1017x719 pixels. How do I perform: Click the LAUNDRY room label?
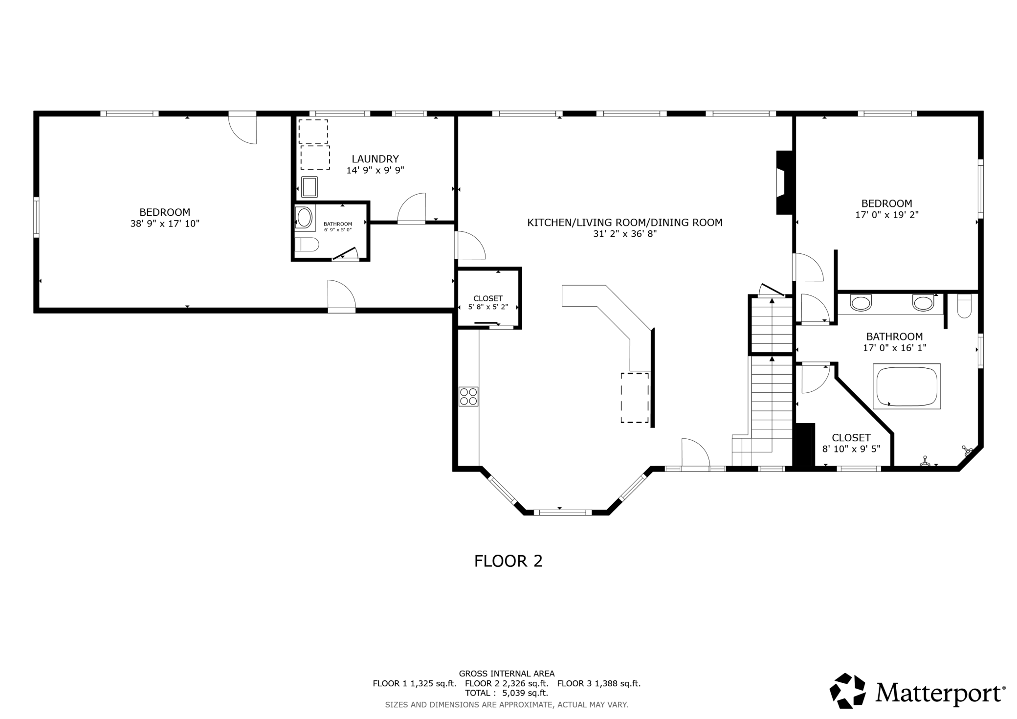click(375, 159)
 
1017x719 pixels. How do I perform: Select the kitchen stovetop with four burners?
click(468, 396)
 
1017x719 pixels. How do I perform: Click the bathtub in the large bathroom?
click(906, 386)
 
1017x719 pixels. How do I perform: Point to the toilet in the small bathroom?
click(307, 244)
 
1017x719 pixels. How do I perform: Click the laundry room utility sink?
click(309, 187)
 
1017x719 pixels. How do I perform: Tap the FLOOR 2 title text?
click(508, 561)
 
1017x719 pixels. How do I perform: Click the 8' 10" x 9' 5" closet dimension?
click(851, 449)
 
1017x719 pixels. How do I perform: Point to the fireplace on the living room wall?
click(784, 182)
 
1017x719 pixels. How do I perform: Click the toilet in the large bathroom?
click(964, 306)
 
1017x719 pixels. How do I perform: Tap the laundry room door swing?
click(411, 208)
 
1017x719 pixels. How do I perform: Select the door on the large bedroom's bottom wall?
click(341, 296)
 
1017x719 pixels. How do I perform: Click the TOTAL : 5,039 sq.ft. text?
click(507, 693)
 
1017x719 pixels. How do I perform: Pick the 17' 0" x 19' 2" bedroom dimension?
click(887, 215)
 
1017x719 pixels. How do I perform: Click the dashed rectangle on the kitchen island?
click(635, 398)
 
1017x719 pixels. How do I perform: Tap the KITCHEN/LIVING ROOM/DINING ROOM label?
click(625, 223)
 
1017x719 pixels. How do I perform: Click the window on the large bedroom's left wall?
click(36, 217)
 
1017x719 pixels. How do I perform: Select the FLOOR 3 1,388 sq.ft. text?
click(599, 684)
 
